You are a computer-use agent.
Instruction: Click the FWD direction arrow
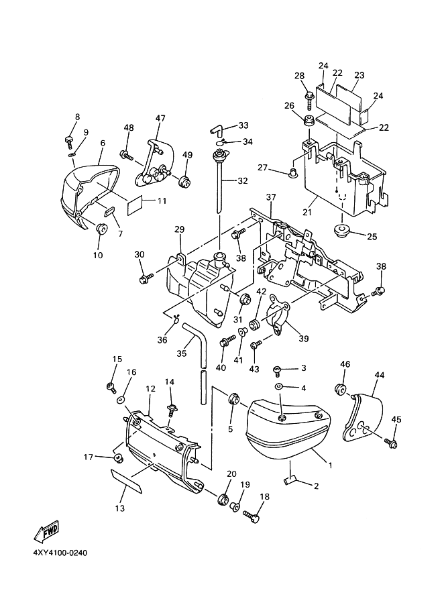pos(46,533)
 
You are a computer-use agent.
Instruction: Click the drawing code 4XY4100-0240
pos(60,553)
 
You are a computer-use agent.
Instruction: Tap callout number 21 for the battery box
pos(307,212)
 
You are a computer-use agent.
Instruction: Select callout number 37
pos(271,197)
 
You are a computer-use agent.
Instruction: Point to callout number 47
pos(161,118)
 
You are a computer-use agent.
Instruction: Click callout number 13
pos(119,508)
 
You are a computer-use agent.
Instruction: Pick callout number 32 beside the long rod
pos(243,180)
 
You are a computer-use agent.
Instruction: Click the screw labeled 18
pos(251,517)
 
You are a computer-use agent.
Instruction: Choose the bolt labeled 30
pos(146,278)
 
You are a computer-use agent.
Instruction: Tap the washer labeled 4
pos(279,386)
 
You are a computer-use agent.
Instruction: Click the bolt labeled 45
pos(391,442)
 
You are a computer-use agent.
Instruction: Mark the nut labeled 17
pos(117,457)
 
